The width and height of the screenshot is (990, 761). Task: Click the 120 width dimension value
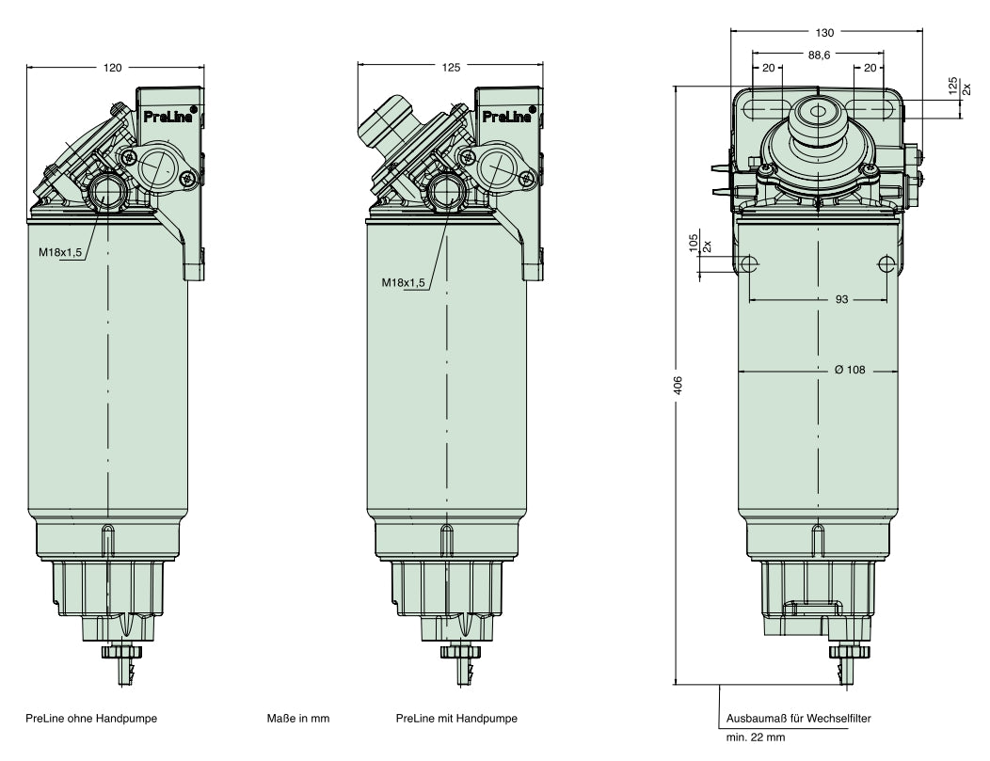114,68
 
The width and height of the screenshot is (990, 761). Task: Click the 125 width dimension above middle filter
451,68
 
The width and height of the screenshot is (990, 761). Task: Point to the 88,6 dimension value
819,55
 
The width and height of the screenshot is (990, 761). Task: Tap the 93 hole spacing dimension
817,300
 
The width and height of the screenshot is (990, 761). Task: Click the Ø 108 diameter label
849,370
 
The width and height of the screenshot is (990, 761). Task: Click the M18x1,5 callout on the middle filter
403,282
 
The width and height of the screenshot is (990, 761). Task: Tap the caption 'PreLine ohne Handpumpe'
92,719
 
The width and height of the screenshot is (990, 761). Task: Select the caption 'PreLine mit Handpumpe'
456,719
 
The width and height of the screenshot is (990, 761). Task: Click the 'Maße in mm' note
298,719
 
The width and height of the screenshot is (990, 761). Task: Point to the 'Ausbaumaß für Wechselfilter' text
798,719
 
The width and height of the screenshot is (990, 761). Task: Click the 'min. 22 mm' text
755,737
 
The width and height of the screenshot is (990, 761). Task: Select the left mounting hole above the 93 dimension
751,263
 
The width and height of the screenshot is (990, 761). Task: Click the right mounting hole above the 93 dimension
885,263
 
